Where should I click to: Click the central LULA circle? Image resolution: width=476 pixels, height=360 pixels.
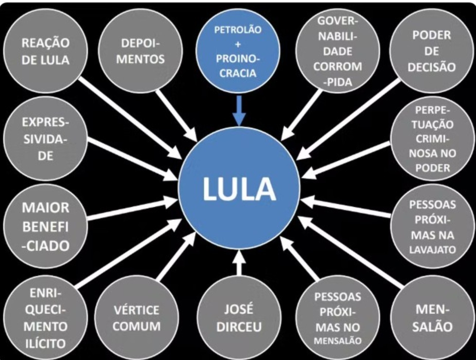(239, 188)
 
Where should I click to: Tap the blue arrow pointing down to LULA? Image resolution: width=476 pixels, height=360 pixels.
(239, 111)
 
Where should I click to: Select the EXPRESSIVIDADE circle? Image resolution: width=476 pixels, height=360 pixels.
(46, 139)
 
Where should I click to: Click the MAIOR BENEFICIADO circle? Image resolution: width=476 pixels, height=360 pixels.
(46, 226)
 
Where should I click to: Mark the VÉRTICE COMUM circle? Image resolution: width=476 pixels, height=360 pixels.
(137, 318)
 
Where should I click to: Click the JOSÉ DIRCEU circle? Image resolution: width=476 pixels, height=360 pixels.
(239, 318)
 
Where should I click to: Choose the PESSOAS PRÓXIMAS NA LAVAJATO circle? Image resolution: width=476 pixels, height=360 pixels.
(432, 226)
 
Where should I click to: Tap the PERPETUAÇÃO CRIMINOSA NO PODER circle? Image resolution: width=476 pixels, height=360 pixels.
(432, 139)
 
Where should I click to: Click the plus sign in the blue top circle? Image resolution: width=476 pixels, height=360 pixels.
(238, 44)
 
